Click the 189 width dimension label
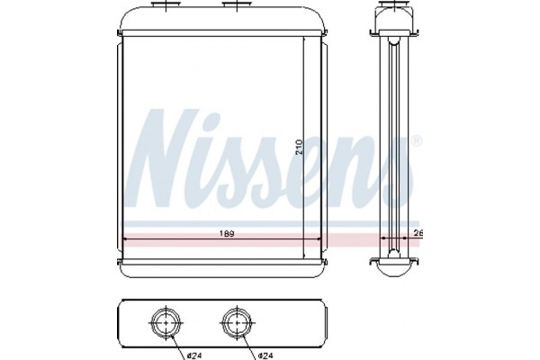pyautogui.click(x=227, y=234)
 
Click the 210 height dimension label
pyautogui.click(x=299, y=147)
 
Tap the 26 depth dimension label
pyautogui.click(x=418, y=234)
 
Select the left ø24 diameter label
pyautogui.click(x=194, y=355)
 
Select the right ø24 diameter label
pyautogui.click(x=265, y=355)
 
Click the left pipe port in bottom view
pyautogui.click(x=166, y=322)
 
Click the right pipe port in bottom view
pyautogui.click(x=238, y=322)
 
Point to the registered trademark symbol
pyautogui.click(x=417, y=140)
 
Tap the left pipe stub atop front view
pyautogui.click(x=166, y=4)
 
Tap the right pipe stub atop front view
pyautogui.click(x=237, y=4)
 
